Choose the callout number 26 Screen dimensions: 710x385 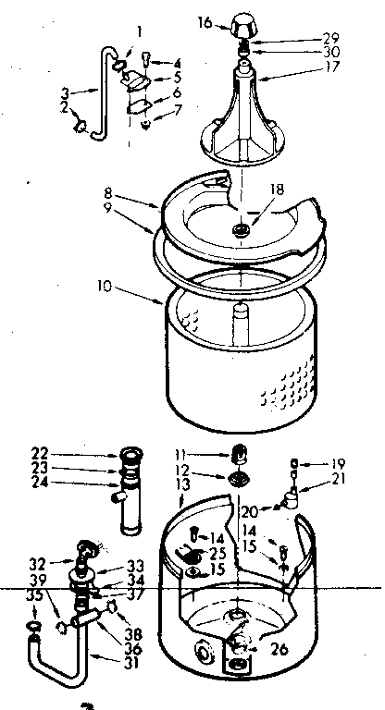279,650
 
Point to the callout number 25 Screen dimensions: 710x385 218,553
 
